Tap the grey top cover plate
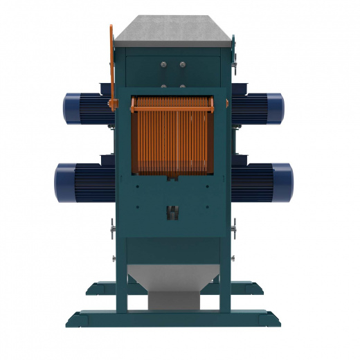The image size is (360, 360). (x=174, y=30)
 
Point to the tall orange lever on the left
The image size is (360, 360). (x=111, y=62)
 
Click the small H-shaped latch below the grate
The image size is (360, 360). (x=173, y=211)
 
